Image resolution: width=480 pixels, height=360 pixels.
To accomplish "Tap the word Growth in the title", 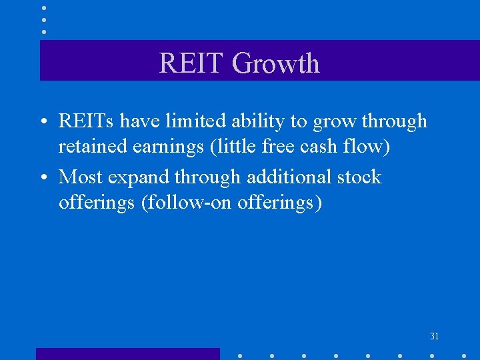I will [275, 63].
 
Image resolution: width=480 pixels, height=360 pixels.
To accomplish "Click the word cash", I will [323, 146].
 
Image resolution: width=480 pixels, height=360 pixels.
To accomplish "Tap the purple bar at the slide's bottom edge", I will [127, 354].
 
